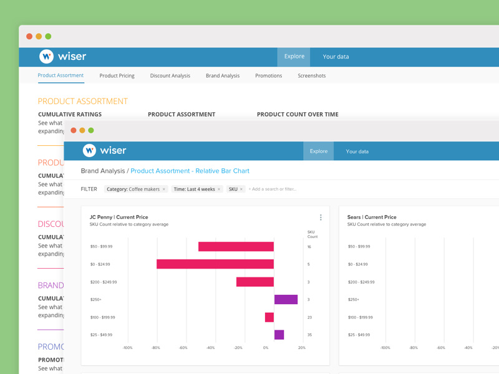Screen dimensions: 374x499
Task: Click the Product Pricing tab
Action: click(117, 75)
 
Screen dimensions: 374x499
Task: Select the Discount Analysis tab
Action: click(170, 75)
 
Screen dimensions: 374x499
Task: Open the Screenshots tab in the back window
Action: click(311, 75)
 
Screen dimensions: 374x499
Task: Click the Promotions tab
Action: click(268, 75)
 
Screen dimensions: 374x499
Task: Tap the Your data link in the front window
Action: click(357, 151)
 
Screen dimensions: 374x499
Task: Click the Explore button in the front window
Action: click(318, 151)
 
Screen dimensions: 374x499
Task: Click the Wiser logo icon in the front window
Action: click(89, 150)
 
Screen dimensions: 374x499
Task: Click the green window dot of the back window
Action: click(48, 36)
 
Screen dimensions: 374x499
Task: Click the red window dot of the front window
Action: click(74, 130)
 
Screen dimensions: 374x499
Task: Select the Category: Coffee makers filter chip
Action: click(133, 189)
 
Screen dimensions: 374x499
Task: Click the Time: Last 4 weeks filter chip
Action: click(194, 189)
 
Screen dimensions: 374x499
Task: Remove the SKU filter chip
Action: click(241, 189)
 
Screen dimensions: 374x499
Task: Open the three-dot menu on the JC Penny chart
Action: click(321, 218)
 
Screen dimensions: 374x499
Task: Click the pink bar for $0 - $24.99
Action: click(215, 264)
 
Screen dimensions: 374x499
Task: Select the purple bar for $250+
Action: click(286, 299)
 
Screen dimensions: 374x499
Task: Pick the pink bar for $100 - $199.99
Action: click(269, 317)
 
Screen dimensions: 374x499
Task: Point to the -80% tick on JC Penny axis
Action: click(156, 348)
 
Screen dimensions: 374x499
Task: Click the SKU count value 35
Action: click(309, 335)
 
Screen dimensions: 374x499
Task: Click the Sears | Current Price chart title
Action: click(372, 217)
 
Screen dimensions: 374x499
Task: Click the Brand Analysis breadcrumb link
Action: click(102, 170)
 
